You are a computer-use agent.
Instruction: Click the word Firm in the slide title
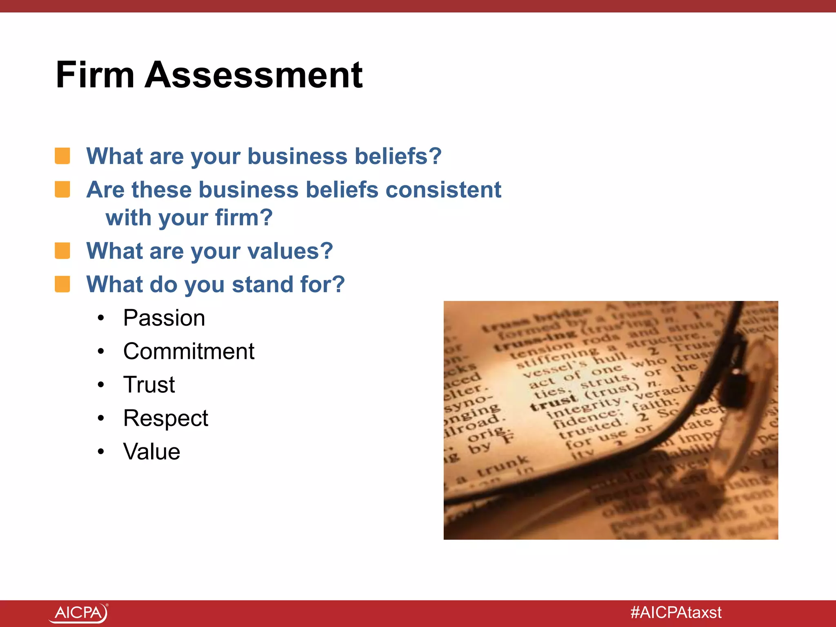coord(95,75)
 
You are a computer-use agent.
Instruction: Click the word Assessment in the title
coord(253,75)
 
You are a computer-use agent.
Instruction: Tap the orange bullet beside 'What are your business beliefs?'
coord(62,156)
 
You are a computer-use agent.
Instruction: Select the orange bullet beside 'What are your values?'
coord(62,251)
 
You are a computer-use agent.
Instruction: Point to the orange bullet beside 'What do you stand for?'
coord(62,284)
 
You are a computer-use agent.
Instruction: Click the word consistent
coord(443,190)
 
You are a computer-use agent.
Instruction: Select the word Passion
coord(164,318)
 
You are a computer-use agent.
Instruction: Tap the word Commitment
coord(189,351)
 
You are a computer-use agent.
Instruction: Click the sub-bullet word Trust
coord(149,385)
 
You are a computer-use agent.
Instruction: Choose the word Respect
coord(166,418)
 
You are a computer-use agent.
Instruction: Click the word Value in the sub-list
coord(151,452)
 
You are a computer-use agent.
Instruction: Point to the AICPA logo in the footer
coord(78,613)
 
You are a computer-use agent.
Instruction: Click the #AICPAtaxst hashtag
coord(676,613)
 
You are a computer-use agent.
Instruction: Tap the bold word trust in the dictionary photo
coord(553,402)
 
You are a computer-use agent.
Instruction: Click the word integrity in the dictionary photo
coord(583,408)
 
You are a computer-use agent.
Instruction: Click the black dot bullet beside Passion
coord(101,318)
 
